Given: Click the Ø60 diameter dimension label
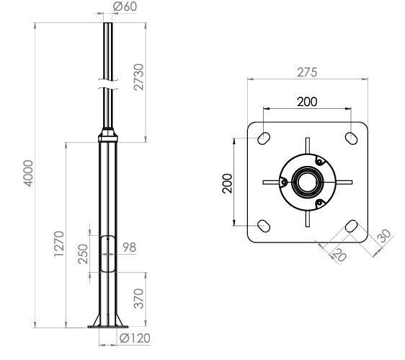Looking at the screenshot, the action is pos(125,6).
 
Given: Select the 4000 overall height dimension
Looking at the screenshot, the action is pos(28,173).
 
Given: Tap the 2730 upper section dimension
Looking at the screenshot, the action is pos(138,77).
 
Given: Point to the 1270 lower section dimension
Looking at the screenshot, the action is pos(59,244).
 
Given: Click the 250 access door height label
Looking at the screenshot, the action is pos(83,254).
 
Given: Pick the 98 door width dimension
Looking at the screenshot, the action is pos(129,247).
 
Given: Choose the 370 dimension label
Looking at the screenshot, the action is pos(138,299).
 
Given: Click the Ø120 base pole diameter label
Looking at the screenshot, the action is pos(135,338).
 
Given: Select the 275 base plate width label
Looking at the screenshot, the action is pos(307,72).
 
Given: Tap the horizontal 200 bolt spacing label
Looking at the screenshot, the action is pos(307,102).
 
